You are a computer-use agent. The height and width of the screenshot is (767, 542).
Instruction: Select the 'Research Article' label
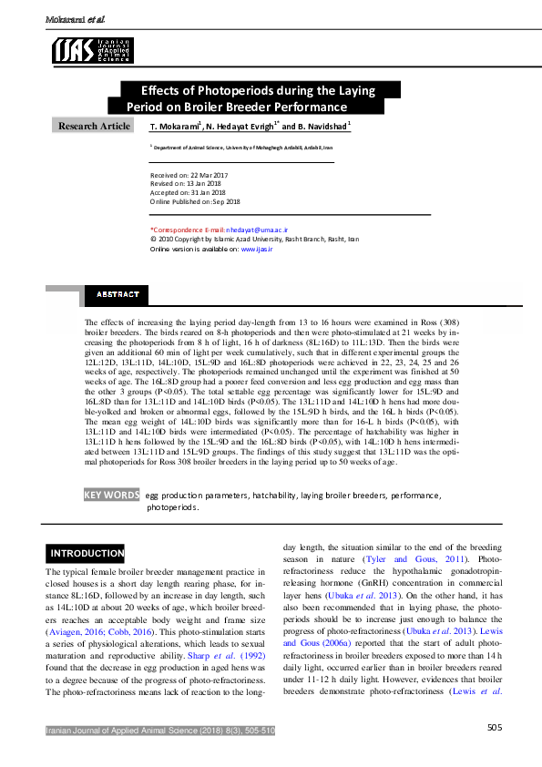click(x=94, y=126)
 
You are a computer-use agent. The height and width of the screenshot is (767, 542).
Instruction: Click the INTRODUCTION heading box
click(x=87, y=553)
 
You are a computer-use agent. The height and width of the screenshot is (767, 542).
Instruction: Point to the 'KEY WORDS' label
click(x=111, y=496)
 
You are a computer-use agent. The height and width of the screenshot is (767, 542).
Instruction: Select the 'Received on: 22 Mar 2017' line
click(x=189, y=175)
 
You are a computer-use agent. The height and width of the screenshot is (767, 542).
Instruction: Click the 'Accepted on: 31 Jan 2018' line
click(x=188, y=193)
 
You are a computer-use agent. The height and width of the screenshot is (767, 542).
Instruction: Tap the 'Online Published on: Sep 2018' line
click(x=195, y=202)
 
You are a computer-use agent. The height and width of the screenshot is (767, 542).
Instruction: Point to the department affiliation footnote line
click(x=242, y=147)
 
